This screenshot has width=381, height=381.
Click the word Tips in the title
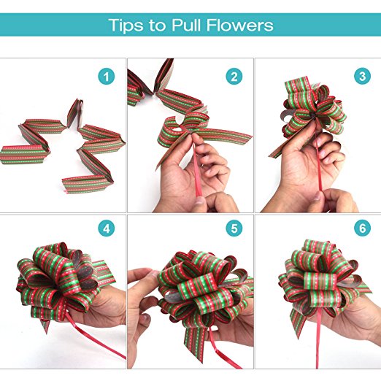click(x=126, y=25)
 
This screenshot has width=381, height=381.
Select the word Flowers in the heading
click(x=240, y=25)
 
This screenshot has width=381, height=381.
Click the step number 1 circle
click(x=107, y=77)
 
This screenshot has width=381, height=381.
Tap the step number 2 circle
click(x=234, y=77)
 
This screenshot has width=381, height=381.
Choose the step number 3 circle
click(x=362, y=76)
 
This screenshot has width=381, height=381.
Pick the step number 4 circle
click(x=107, y=228)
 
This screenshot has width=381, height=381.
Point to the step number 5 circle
click(x=234, y=228)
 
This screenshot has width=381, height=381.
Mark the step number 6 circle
click(x=362, y=228)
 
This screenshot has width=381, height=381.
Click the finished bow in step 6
click(x=321, y=282)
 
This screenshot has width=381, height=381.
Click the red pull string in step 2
click(x=197, y=169)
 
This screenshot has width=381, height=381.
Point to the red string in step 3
click(x=318, y=158)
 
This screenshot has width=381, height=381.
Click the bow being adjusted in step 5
click(x=204, y=292)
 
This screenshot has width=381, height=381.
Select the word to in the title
click(x=158, y=26)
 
